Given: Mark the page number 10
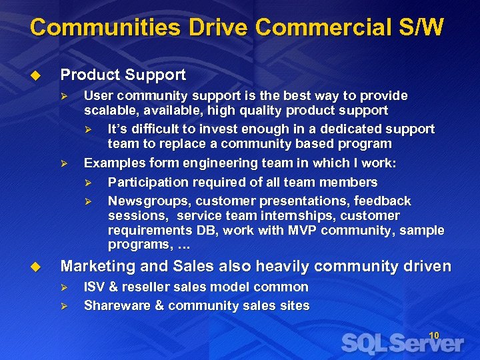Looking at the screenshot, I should coord(433,335).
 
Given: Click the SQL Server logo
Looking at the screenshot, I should coord(402,343).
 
